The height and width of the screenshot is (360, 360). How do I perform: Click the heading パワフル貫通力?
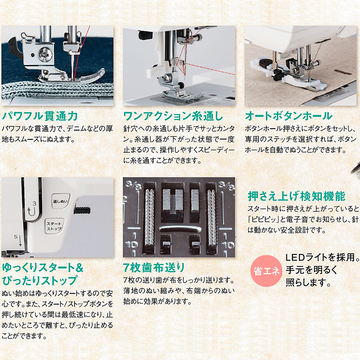point(40,116)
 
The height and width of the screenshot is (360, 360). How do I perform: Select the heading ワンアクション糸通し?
point(173,116)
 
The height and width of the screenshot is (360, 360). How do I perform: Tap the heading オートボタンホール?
point(289,116)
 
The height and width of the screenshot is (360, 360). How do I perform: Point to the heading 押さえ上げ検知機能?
point(296,196)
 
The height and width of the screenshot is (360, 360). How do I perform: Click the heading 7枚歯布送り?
point(154,268)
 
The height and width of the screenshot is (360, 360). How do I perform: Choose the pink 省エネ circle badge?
point(266,271)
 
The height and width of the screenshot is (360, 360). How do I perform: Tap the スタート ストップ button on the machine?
point(54,226)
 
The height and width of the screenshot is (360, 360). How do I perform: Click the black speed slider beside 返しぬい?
point(82,210)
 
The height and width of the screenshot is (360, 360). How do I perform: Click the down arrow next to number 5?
point(20,240)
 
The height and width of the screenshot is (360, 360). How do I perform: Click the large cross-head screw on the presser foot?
point(46,55)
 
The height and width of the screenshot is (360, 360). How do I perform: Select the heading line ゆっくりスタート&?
point(42,268)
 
